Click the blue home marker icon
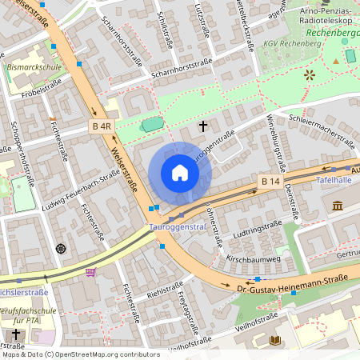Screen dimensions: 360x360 tap(180, 173)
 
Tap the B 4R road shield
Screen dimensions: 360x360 tap(100, 126)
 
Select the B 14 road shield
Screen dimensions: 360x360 tap(270, 182)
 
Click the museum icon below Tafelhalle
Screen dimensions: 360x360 tap(337, 206)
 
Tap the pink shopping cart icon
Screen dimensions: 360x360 tap(90, 272)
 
